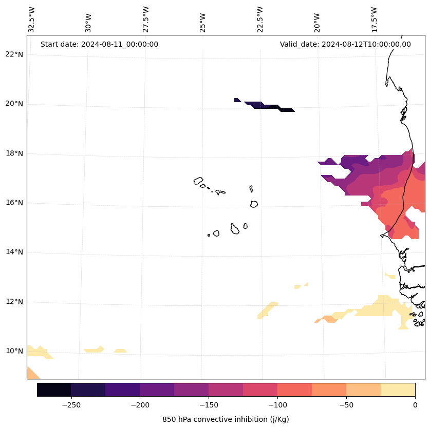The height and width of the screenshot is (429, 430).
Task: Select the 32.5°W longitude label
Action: (32, 19)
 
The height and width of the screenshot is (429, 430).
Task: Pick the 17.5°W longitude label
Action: (374, 19)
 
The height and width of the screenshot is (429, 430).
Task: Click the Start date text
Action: (99, 44)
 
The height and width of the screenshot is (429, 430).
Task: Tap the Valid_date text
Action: (345, 44)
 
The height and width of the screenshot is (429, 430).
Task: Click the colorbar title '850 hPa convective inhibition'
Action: (226, 419)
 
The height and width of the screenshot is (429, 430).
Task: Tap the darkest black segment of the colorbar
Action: (54, 389)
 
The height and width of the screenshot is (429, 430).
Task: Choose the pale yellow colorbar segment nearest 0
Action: (398, 389)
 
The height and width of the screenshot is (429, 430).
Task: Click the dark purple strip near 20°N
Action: (267, 106)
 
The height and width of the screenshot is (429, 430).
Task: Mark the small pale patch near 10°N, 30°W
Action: (94, 350)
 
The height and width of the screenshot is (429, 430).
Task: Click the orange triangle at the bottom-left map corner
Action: (32, 374)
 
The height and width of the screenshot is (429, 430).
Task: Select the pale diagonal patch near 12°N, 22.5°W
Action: (267, 310)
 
